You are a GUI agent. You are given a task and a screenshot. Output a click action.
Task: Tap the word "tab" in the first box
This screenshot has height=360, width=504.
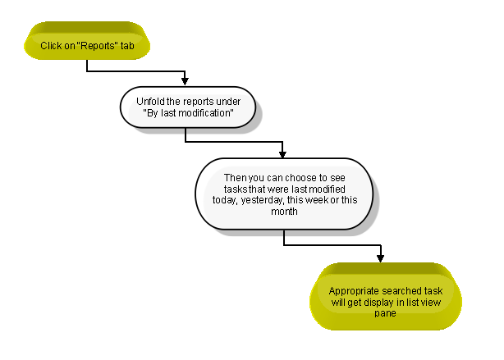tap(127, 46)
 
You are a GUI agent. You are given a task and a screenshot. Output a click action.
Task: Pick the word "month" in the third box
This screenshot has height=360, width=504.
tap(284, 212)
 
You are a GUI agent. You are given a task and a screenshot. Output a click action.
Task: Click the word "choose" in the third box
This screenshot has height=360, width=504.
tap(300, 178)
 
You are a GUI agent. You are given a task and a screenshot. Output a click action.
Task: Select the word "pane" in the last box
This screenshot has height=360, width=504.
tap(385, 313)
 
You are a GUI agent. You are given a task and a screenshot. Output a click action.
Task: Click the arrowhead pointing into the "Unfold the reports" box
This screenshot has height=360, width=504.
tap(185, 81)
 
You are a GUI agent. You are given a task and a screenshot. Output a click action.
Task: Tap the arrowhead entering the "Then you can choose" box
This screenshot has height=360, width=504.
tap(282, 154)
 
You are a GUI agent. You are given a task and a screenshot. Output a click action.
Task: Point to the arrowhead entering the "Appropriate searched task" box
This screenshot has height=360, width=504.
tap(381, 258)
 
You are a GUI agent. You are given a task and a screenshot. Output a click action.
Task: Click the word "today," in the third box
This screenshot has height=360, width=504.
tap(225, 200)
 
